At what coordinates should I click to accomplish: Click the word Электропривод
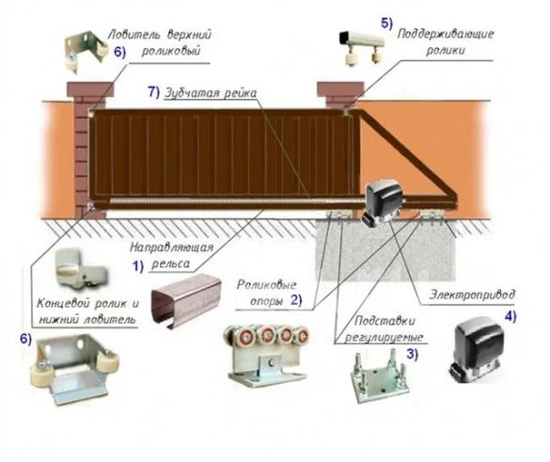pyautogui.click(x=472, y=295)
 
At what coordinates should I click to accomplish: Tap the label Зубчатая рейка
pyautogui.click(x=211, y=93)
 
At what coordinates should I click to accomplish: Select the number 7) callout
pyautogui.click(x=153, y=92)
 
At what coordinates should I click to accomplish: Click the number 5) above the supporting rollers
pyautogui.click(x=387, y=24)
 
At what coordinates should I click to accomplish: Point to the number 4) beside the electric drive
pyautogui.click(x=511, y=317)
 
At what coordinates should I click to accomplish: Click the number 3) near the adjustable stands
pyautogui.click(x=412, y=354)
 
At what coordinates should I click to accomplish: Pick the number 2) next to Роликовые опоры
pyautogui.click(x=296, y=300)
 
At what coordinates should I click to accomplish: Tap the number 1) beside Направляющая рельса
pyautogui.click(x=137, y=266)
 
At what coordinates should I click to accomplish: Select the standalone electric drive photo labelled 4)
pyautogui.click(x=477, y=350)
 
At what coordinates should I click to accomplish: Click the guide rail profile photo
pyautogui.click(x=186, y=301)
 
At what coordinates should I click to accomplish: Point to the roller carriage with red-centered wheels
pyautogui.click(x=268, y=355)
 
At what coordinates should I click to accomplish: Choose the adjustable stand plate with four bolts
pyautogui.click(x=380, y=377)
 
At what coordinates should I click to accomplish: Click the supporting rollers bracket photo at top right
pyautogui.click(x=361, y=47)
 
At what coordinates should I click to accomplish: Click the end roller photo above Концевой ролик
pyautogui.click(x=80, y=268)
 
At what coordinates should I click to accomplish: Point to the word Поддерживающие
pyautogui.click(x=446, y=35)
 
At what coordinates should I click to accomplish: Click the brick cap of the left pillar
pyautogui.click(x=90, y=89)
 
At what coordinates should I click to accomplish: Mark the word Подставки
pyautogui.click(x=385, y=321)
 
